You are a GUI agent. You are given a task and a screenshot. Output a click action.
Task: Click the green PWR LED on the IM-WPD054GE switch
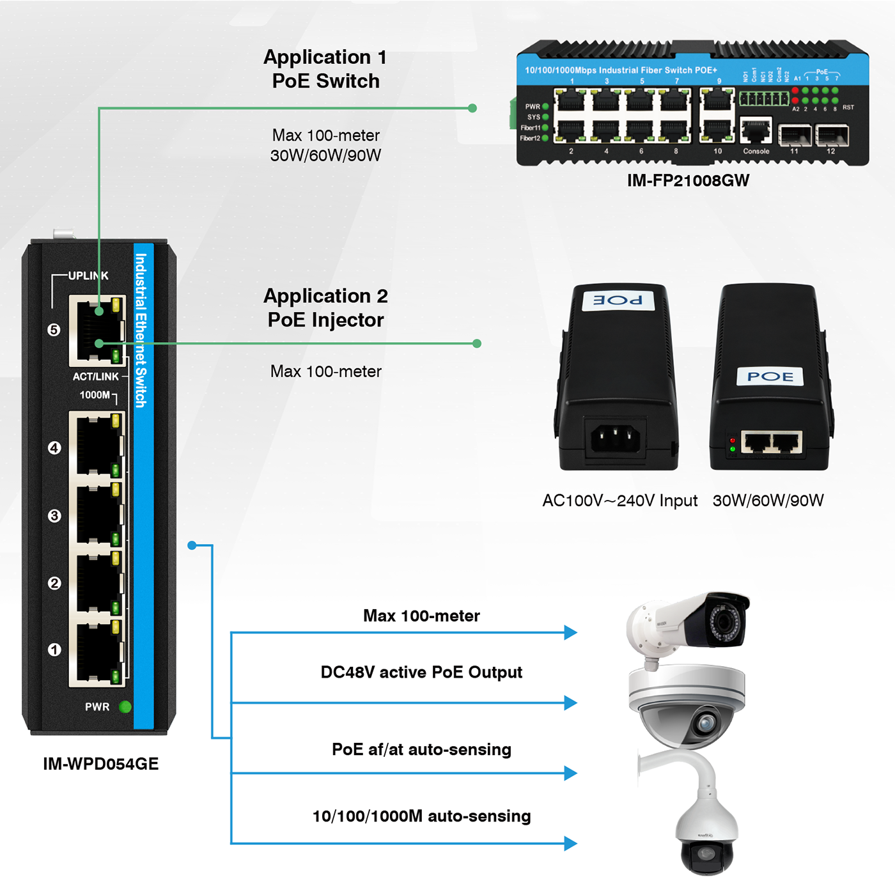(125, 706)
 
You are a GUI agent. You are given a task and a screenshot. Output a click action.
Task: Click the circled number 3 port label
(54, 515)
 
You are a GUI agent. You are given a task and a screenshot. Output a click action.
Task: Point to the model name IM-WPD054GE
(101, 764)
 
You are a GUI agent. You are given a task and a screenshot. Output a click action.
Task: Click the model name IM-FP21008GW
(688, 180)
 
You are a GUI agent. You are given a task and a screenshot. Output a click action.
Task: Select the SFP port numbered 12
(832, 135)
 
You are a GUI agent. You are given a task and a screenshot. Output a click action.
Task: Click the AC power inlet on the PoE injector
(616, 439)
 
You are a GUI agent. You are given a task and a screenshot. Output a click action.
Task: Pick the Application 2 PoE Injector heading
(326, 307)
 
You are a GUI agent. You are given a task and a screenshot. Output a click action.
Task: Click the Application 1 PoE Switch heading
(326, 69)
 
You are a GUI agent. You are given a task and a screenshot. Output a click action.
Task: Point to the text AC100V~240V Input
(619, 501)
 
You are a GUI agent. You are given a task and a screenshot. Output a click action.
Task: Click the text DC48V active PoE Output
(421, 673)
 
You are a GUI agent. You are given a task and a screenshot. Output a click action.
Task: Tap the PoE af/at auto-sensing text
(421, 749)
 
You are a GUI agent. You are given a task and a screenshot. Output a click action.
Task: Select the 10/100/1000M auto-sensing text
(421, 816)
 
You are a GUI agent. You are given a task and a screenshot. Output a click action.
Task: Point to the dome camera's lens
(706, 723)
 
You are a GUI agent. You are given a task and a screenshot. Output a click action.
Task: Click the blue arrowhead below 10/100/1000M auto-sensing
(570, 843)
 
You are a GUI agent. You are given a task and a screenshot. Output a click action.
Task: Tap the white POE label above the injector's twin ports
(770, 377)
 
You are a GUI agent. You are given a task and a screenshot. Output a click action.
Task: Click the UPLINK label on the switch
(88, 276)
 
